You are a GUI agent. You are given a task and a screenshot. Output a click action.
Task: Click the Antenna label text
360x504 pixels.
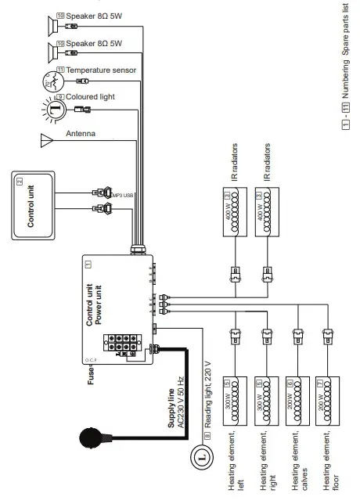[x=81, y=134]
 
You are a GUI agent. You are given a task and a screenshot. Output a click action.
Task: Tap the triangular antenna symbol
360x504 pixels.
[x=46, y=141]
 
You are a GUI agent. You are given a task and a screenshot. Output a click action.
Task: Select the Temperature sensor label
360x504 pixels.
[x=101, y=70]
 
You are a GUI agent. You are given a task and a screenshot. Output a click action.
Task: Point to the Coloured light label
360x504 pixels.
[x=92, y=97]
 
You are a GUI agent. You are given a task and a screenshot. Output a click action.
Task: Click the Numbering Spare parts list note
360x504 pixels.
[x=345, y=78]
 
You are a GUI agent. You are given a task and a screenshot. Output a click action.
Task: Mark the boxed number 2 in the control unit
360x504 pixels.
[x=19, y=181]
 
